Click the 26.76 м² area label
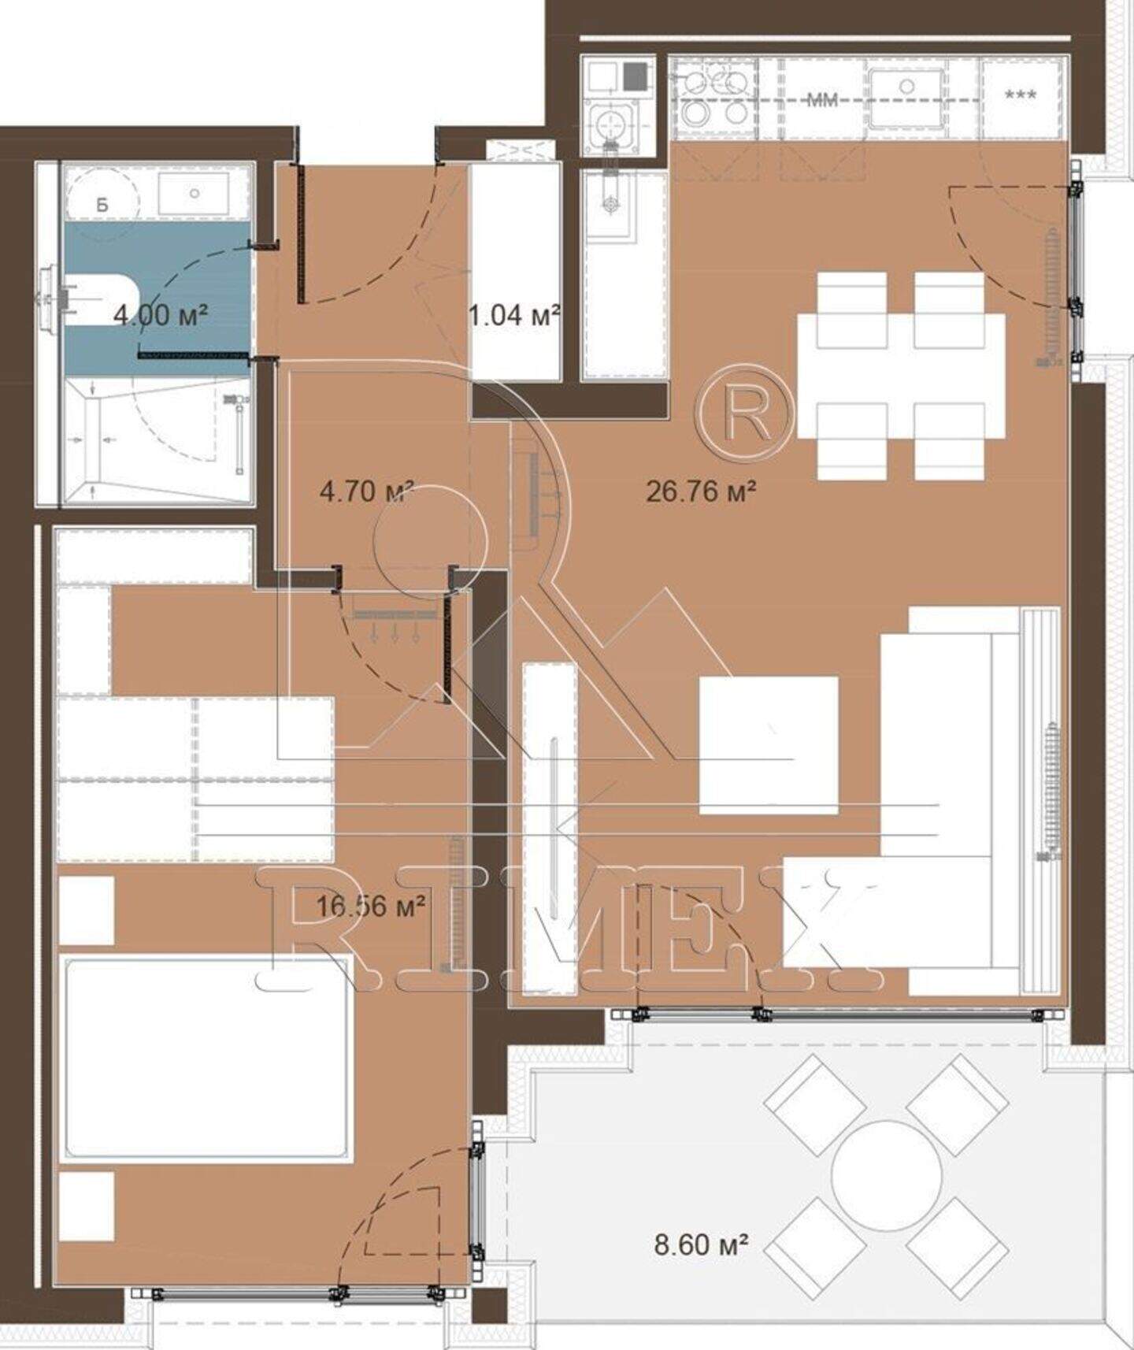click(x=701, y=491)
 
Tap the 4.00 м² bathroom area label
click(x=161, y=315)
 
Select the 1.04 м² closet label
click(x=514, y=316)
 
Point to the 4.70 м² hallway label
click(x=367, y=492)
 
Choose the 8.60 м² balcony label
click(x=701, y=1244)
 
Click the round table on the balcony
click(x=887, y=1175)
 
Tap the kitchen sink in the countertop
click(x=906, y=96)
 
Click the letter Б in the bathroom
click(x=102, y=205)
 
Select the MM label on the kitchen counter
click(x=822, y=100)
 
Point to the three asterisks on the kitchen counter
click(x=1021, y=95)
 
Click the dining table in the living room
click(x=901, y=376)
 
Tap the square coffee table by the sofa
click(x=769, y=744)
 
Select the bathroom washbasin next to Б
click(x=194, y=192)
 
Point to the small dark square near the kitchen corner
click(x=634, y=76)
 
